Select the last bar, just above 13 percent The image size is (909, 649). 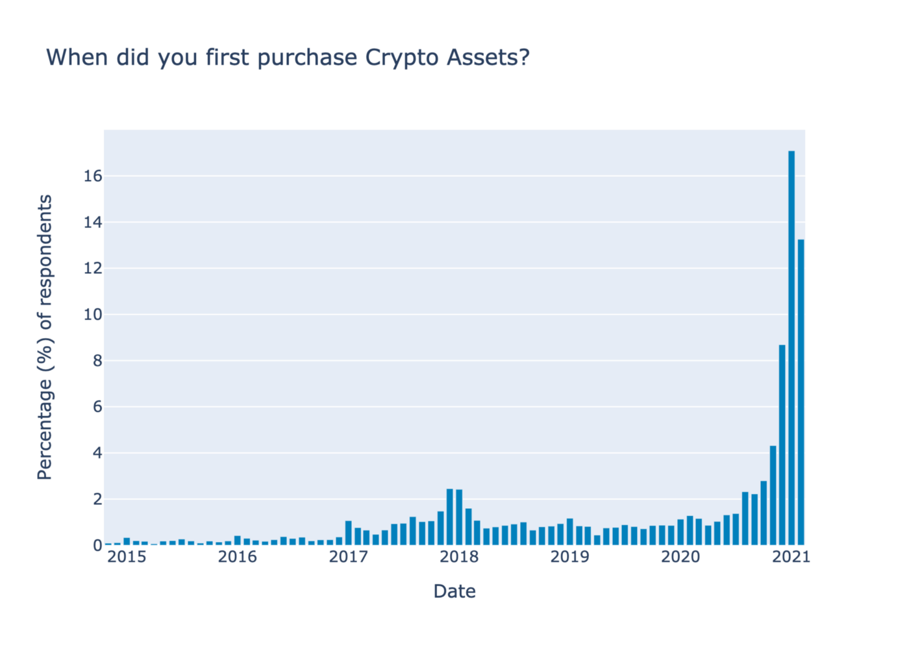pos(801,392)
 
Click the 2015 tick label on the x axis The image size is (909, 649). pos(127,557)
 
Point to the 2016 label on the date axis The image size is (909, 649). pos(238,557)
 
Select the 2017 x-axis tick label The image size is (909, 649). pos(348,557)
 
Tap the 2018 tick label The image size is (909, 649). pos(459,557)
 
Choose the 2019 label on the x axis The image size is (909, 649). pos(569,557)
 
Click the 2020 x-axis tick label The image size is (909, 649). pos(680,557)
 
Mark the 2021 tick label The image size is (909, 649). pos(791,557)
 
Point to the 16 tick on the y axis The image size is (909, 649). pos(93,176)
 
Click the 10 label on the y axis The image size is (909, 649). pos(93,315)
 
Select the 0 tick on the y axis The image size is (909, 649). pos(97,546)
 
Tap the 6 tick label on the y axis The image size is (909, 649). pos(97,407)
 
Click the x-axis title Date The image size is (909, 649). pos(454,591)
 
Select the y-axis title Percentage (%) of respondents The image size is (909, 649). pos(45,337)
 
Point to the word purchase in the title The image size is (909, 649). pos(308,58)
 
